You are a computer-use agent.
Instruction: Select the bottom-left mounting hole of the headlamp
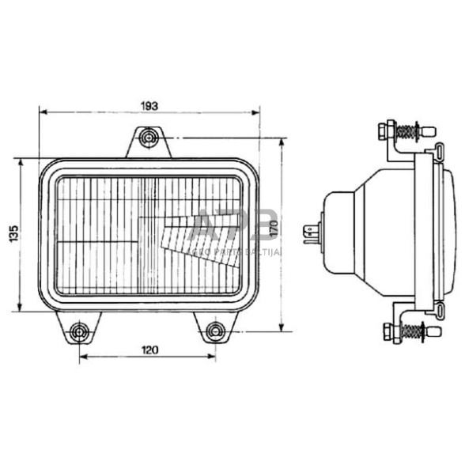click(78, 330)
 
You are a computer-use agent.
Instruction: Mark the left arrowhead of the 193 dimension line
click(43, 113)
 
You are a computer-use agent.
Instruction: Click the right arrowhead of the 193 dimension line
click(253, 113)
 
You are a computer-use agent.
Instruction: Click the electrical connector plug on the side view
click(311, 232)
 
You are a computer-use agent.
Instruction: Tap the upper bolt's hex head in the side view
click(386, 129)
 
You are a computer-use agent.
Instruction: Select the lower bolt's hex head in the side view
click(387, 331)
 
